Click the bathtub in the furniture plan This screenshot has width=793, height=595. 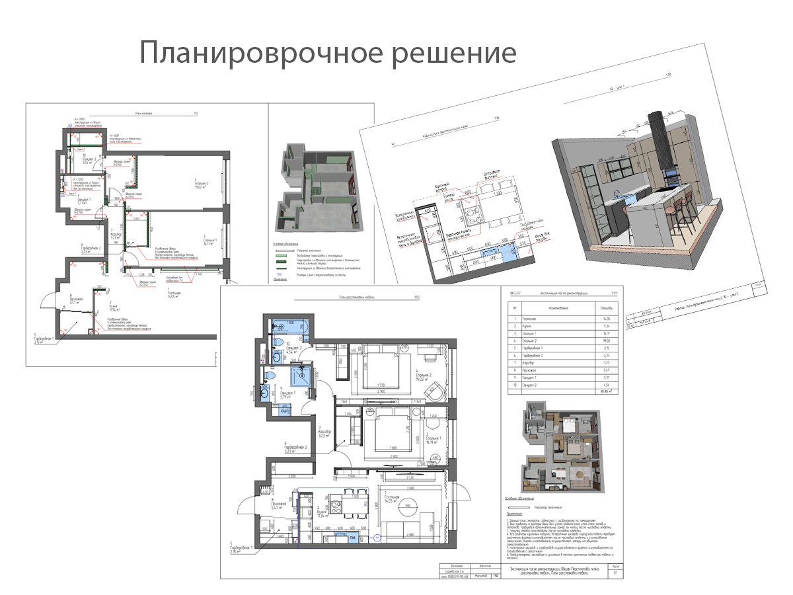click(x=287, y=326)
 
